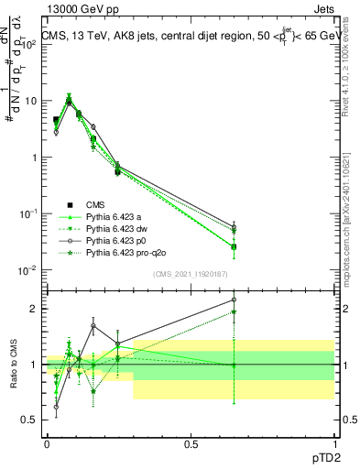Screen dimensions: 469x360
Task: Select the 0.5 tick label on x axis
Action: (191, 442)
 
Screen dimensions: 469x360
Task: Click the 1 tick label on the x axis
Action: (333, 442)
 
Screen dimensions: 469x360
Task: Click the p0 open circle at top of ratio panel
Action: (234, 300)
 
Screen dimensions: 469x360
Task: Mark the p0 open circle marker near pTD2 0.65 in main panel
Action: (234, 226)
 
